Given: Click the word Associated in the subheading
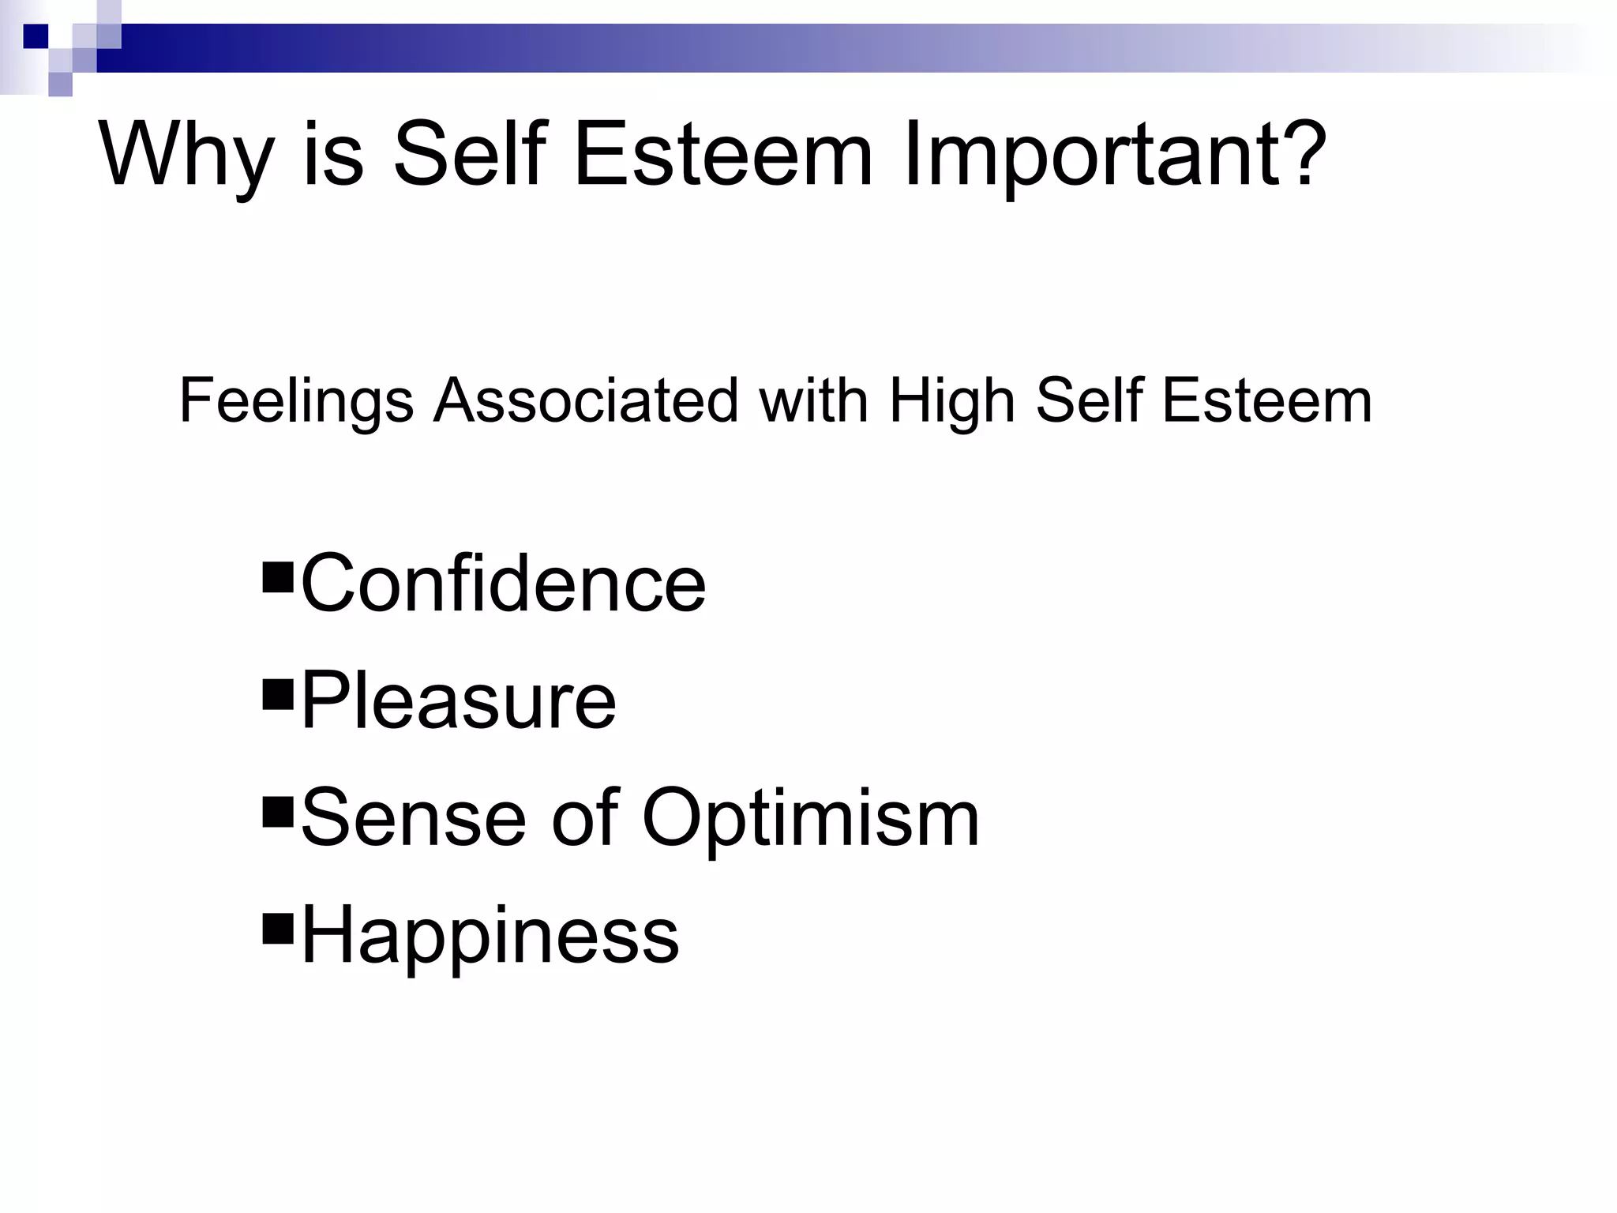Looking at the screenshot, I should [585, 400].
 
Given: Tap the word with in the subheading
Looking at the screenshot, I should [812, 400].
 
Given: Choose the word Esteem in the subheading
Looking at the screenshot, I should [1267, 400].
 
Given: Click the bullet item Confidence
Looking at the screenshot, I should [503, 584].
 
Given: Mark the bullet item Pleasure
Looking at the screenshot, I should [458, 700].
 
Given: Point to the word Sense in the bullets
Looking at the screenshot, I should [413, 818].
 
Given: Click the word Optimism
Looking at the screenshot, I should [810, 820].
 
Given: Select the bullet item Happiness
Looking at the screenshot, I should [490, 937].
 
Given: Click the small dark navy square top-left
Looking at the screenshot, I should [36, 36].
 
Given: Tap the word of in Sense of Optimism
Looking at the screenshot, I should [584, 818].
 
